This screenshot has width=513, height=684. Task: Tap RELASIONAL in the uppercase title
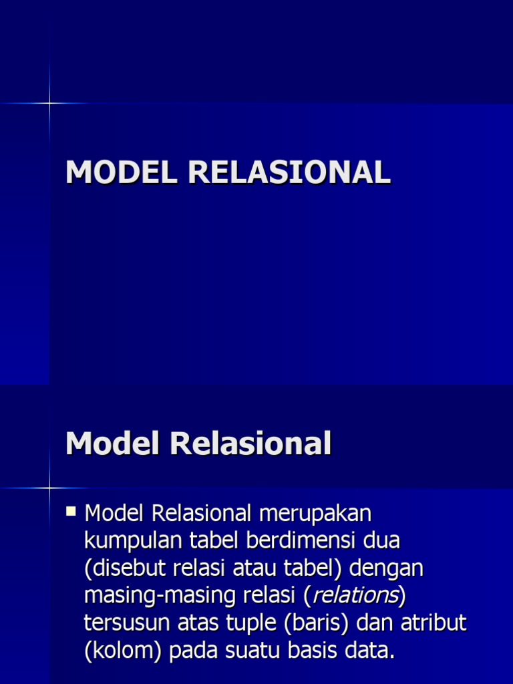(x=289, y=172)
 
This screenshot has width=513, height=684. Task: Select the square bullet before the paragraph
(x=71, y=512)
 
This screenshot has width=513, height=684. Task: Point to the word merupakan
(x=315, y=514)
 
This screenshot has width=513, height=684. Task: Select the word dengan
(x=387, y=568)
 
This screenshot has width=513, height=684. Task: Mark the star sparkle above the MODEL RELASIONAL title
(x=49, y=103)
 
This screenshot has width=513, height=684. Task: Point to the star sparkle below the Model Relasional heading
(x=49, y=488)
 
